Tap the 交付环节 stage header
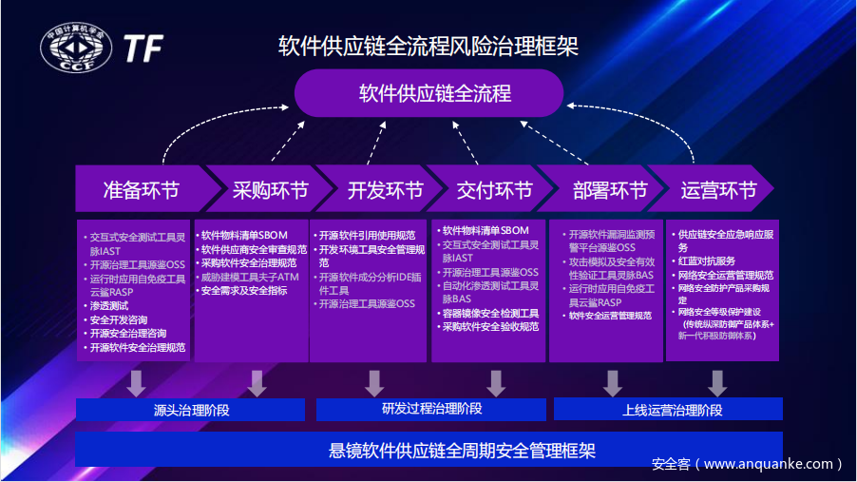click(490, 190)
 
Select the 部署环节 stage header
click(606, 190)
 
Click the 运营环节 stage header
click(718, 190)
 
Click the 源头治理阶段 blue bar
click(191, 410)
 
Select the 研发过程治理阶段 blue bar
click(431, 409)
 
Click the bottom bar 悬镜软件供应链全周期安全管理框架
click(428, 450)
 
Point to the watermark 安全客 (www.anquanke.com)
click(747, 464)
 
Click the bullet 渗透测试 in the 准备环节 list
click(109, 306)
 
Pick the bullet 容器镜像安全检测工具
click(490, 313)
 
